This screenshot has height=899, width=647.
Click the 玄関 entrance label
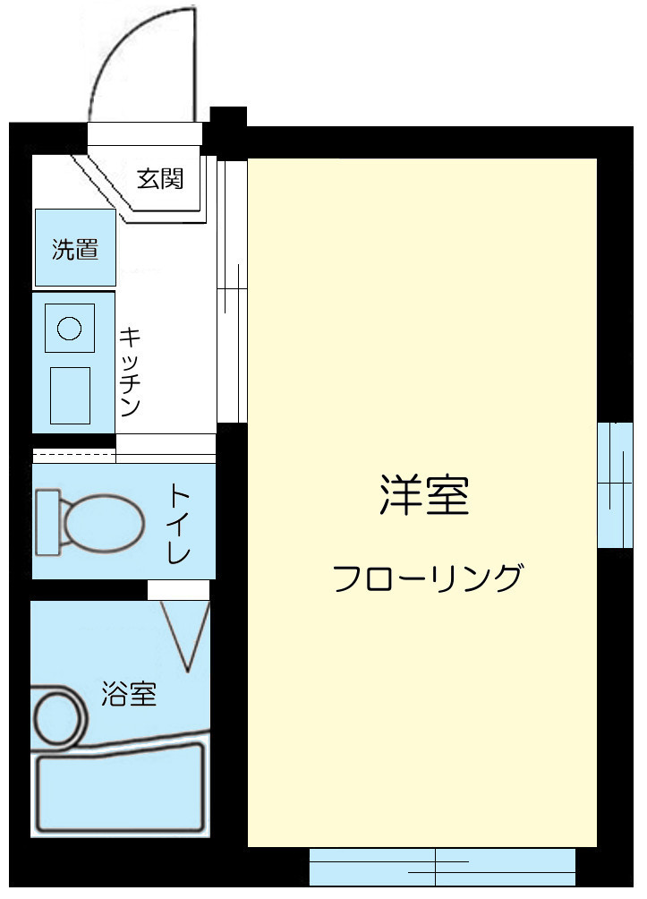160,178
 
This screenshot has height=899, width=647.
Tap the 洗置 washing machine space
75,249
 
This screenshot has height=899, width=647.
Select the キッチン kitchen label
131,372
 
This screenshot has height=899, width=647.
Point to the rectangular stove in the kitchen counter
70,395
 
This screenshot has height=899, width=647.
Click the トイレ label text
179,523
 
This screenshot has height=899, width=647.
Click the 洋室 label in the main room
423,495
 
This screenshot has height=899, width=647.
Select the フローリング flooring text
426,578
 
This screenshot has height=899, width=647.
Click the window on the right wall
615,484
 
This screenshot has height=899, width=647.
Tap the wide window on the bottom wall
441,866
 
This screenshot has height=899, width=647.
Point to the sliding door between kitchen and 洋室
232,291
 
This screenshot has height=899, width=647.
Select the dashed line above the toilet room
74,456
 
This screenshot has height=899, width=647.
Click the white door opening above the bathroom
178,590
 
